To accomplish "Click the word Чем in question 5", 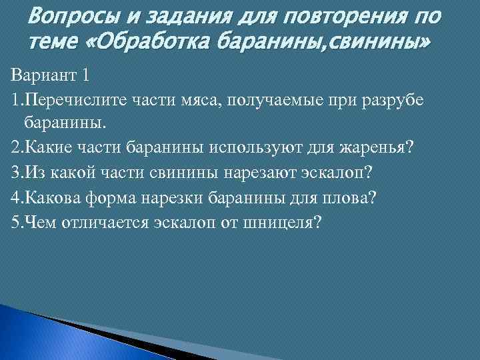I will (37, 222).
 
